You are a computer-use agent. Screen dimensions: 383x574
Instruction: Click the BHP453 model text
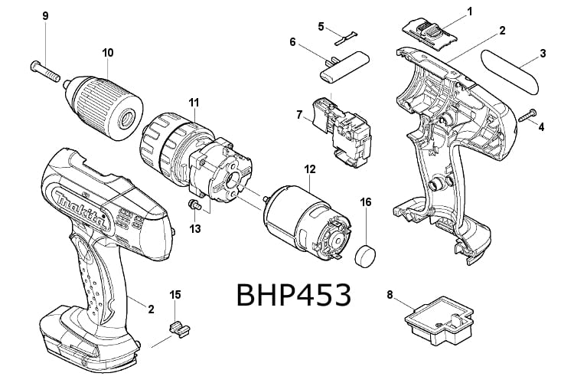294,295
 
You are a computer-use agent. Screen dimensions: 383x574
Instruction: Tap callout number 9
45,15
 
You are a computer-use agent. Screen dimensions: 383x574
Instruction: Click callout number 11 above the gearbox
194,101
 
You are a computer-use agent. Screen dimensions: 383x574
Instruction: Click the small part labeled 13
195,205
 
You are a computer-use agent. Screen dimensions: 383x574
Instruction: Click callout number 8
390,293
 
